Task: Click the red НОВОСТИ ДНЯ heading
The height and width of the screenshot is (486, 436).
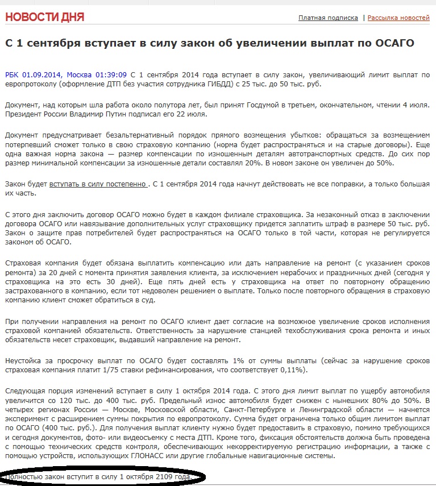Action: click(44, 17)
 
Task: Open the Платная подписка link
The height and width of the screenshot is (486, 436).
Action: click(328, 18)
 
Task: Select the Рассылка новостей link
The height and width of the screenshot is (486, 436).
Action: click(398, 18)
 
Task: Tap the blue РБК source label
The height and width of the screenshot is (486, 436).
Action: click(13, 74)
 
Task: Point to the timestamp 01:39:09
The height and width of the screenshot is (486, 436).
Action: click(111, 74)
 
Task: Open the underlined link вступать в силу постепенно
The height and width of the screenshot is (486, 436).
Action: click(98, 184)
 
